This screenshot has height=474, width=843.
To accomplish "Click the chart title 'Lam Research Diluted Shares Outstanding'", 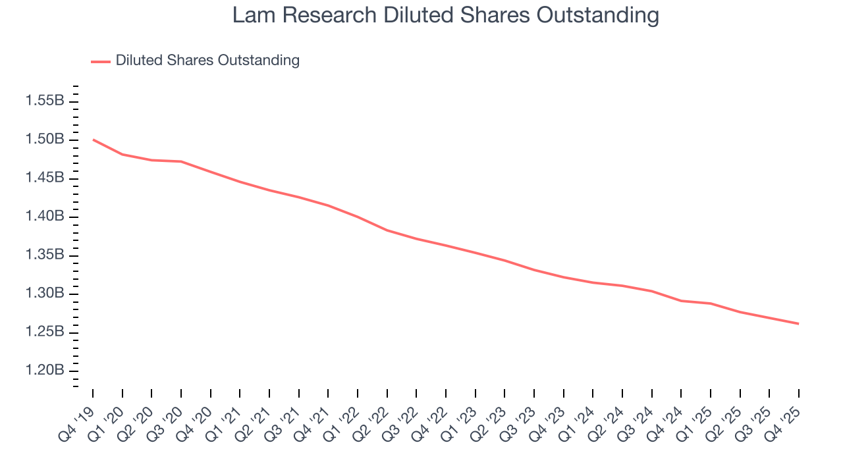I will point(445,16).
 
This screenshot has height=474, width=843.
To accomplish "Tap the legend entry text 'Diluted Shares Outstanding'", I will point(207,61).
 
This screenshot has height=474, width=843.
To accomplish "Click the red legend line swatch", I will point(101,61).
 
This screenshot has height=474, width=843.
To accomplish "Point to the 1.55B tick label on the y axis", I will point(45,101).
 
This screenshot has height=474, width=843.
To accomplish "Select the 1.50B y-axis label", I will point(45,140).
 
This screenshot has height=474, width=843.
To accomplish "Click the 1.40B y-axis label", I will point(45,217).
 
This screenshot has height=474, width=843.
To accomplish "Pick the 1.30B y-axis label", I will point(45,294).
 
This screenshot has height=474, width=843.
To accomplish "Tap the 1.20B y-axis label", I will point(45,371).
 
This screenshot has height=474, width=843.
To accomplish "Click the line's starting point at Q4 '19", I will point(93,140).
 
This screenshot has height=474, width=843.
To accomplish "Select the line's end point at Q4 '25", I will point(799,323).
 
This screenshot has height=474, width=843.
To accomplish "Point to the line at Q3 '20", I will point(181,161).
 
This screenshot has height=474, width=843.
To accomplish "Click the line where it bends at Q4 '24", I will point(681,301).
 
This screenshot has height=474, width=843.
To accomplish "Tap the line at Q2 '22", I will point(387,230).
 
